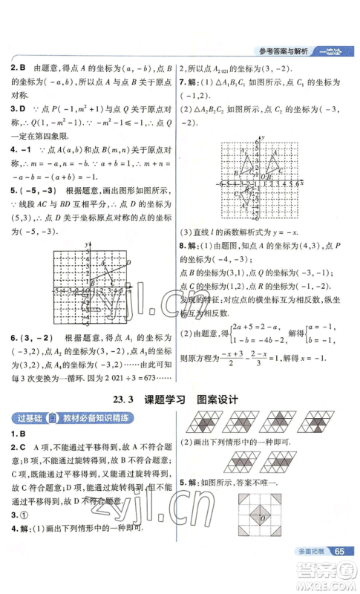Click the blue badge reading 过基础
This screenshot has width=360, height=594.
(27, 420)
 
